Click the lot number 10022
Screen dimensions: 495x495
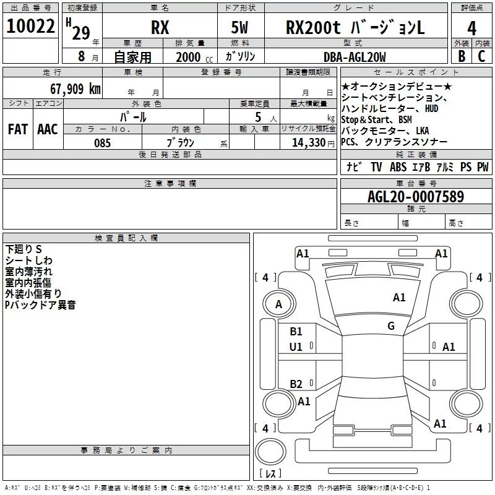[x=30, y=27]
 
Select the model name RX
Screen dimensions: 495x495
[x=160, y=28]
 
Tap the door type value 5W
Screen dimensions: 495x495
[x=240, y=28]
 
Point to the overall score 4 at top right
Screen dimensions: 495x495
[x=472, y=28]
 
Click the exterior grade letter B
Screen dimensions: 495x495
[x=461, y=56]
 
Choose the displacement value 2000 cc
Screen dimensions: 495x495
[x=188, y=57]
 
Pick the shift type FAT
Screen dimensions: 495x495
[x=17, y=129]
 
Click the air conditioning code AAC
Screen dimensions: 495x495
[x=47, y=129]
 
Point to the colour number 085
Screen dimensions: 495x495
[x=102, y=143]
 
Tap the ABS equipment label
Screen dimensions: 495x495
[x=398, y=167]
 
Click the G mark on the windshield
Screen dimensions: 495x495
[x=391, y=326]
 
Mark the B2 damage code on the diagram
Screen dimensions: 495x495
[x=296, y=384]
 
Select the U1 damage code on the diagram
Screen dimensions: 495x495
[x=296, y=347]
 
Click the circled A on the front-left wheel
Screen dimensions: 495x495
[x=278, y=304]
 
